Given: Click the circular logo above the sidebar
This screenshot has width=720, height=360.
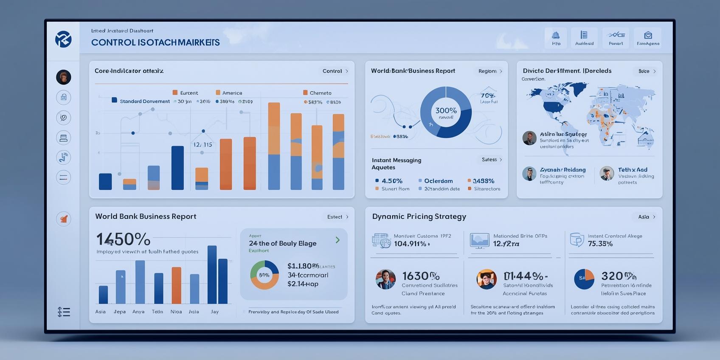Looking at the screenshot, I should [x=63, y=39].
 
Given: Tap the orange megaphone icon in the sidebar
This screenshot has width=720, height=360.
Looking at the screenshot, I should [x=63, y=219].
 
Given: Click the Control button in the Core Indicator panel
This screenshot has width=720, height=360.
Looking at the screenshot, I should [x=335, y=71].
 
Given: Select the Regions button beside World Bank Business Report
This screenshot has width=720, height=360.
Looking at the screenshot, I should [x=490, y=71].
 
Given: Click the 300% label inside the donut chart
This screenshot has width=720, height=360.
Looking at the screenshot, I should [x=446, y=111].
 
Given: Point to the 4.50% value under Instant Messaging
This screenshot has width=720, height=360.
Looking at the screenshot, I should [x=391, y=181].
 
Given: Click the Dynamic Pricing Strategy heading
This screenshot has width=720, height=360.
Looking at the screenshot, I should [x=419, y=217].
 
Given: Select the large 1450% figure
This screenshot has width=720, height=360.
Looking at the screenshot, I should [x=123, y=239].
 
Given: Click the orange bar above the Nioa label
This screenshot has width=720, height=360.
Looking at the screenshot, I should [x=176, y=285].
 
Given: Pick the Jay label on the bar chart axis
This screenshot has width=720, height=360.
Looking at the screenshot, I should [x=215, y=312].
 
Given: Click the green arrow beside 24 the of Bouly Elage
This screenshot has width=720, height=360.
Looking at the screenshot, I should [x=337, y=240].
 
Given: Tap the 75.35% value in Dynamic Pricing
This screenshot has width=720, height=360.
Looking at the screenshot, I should [x=600, y=244].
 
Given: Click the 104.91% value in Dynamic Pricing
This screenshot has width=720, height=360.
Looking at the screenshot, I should [x=410, y=244].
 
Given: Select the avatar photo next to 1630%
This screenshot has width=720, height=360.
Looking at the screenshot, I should [x=385, y=279].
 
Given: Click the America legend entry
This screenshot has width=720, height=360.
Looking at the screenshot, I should [x=229, y=93].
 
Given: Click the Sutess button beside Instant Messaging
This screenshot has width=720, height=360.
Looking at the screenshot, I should [x=492, y=160].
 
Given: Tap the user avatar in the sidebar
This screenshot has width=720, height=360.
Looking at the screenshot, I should [x=63, y=77].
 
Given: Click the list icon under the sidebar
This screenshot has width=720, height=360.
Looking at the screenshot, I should [x=64, y=312].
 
